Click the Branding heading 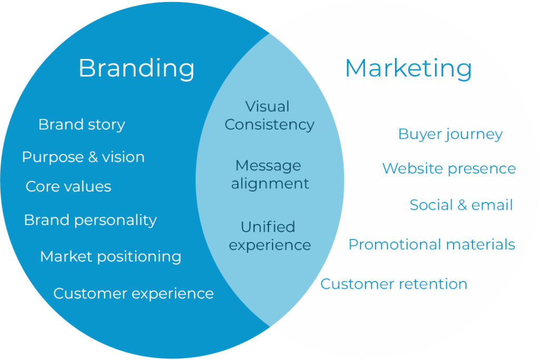coord(137,69)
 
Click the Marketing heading coord(408,69)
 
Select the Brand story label coord(82,125)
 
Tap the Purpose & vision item coord(83,157)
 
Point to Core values coord(69,187)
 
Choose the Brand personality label coord(90,220)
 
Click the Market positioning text coord(111,257)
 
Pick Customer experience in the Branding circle coord(133,294)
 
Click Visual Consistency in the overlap coord(269,115)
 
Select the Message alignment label coord(269,174)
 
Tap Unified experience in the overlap coord(269,236)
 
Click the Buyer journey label coord(450,134)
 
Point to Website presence coord(449,169)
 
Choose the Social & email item coord(461,205)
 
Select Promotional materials coord(431,245)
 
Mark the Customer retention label coord(393,284)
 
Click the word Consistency coord(269,125)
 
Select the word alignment coord(269,183)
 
